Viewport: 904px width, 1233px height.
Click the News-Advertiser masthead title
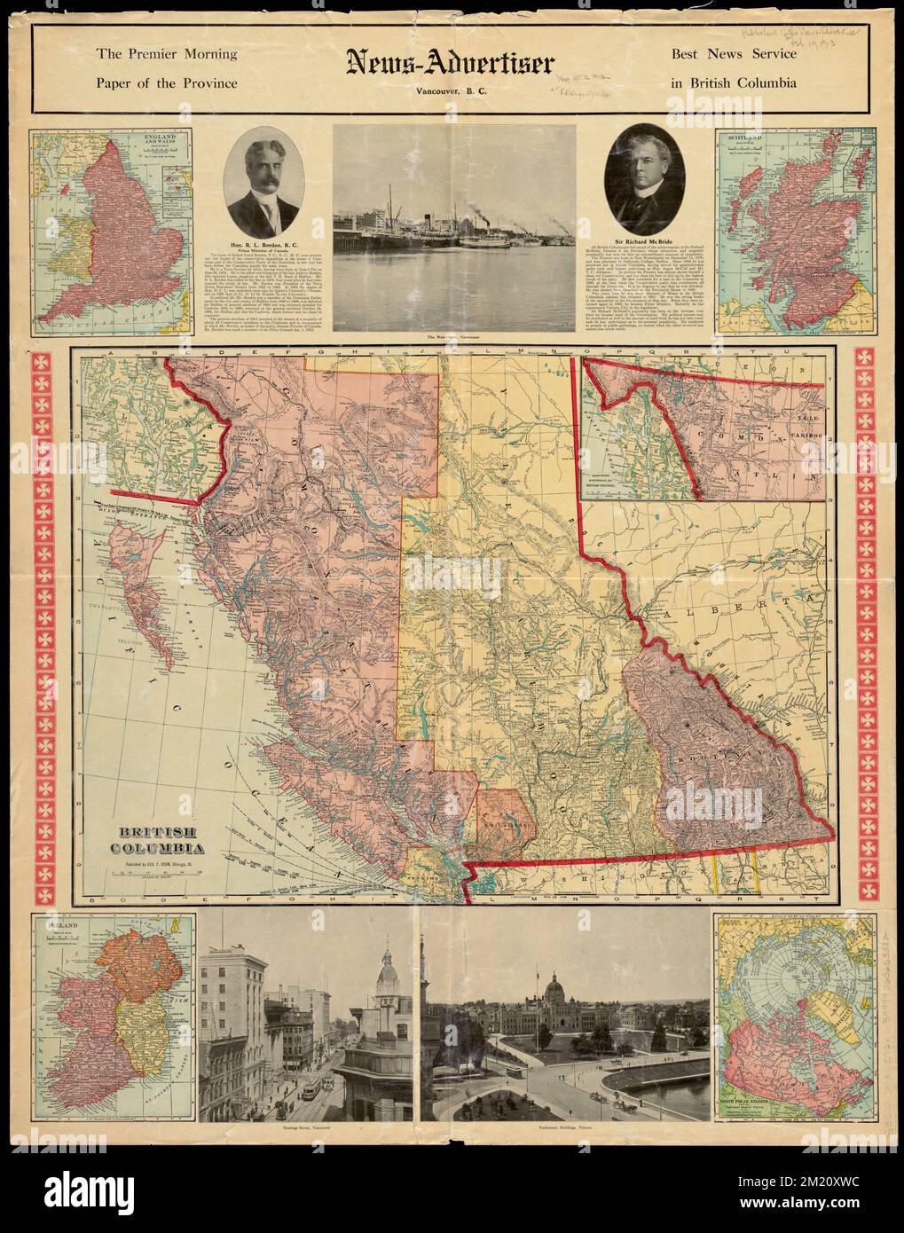[x=451, y=63]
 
